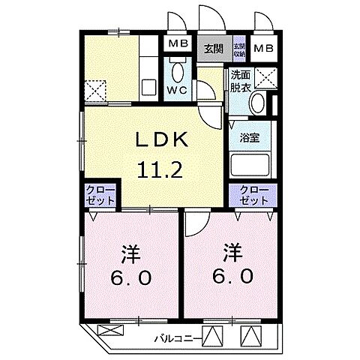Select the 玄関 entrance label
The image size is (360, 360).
[x=214, y=49]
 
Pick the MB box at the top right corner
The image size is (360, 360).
[x=263, y=49]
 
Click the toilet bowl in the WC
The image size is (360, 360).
[x=178, y=73]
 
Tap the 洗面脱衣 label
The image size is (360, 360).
[x=240, y=80]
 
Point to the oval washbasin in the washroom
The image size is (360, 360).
[x=256, y=103]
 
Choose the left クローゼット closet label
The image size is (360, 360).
[x=99, y=196]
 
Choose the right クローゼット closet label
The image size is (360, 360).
[x=253, y=196]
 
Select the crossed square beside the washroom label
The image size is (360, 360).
[x=265, y=77]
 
